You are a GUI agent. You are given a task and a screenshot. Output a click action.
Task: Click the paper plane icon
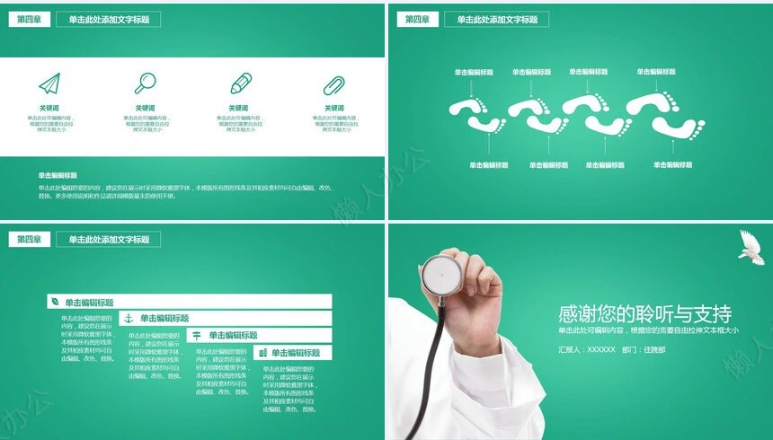pos(49,84)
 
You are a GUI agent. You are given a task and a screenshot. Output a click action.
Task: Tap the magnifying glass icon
pos(145,84)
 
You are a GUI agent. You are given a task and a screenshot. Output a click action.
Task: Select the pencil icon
pos(240,84)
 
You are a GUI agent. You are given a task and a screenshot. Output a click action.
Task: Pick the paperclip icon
pos(334,85)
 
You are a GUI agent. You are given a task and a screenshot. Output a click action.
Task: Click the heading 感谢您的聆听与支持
pos(644,313)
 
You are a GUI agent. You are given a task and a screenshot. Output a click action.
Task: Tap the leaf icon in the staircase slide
pos(55,303)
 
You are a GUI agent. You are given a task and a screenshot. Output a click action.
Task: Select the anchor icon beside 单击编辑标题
pos(128,318)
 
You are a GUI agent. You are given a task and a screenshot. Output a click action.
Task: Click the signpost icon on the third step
pos(196,335)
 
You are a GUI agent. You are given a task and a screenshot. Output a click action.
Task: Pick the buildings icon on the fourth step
pos(261,353)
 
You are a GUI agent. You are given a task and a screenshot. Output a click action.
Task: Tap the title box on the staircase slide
pos(108,239)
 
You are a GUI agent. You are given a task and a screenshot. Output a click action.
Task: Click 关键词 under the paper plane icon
pos(49,109)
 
